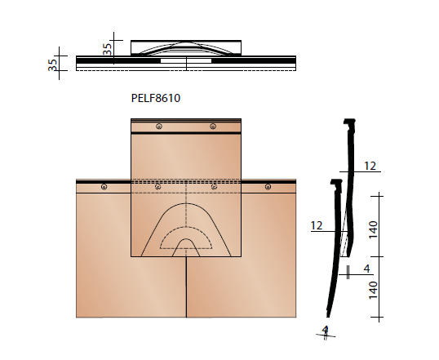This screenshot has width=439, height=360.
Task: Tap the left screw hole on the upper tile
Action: [158, 126]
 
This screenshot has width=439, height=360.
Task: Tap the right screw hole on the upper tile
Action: [213, 126]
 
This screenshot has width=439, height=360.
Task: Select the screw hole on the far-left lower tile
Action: [104, 187]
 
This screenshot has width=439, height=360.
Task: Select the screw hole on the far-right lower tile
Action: [267, 187]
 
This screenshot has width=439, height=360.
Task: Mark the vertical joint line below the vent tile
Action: [187, 286]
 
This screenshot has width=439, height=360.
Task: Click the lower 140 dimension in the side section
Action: [373, 287]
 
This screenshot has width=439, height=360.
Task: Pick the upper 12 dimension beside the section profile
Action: [370, 166]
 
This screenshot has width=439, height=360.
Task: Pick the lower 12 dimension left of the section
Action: [317, 224]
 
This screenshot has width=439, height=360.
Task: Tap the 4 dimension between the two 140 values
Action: [366, 267]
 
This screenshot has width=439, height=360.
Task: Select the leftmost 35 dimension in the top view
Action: [53, 64]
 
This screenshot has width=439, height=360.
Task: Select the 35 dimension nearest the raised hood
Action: [106, 49]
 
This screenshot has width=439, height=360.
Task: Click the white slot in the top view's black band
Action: [172, 61]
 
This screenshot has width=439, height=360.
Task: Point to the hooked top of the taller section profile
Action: [352, 123]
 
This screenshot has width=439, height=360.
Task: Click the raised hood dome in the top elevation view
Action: [187, 48]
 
